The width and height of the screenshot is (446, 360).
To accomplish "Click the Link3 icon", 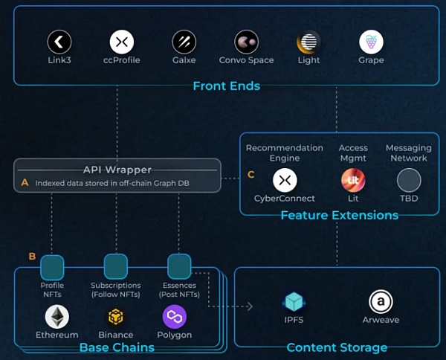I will (x=59, y=42).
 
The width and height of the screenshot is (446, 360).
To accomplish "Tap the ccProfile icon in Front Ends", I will (x=122, y=42).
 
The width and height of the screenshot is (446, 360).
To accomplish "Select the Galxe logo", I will (x=184, y=42).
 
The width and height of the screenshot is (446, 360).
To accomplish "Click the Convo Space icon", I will (x=246, y=42).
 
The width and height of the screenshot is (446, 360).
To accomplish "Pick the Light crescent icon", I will (x=308, y=42).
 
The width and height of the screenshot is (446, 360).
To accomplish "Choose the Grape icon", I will (x=371, y=42).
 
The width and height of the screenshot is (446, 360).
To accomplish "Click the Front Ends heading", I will (x=226, y=86).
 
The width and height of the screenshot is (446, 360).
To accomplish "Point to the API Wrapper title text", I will (x=117, y=170).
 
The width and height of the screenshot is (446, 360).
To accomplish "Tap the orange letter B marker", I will (x=32, y=257).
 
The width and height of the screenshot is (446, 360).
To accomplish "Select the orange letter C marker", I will (x=251, y=175).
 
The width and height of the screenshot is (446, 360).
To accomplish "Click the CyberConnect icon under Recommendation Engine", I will (x=285, y=181).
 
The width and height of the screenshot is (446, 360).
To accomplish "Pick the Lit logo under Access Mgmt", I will (x=353, y=181).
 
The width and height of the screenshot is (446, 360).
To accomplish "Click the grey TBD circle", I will (x=409, y=181).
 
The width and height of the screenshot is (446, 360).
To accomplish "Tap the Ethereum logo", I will (x=57, y=318).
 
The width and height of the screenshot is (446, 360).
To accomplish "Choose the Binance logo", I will (x=116, y=318).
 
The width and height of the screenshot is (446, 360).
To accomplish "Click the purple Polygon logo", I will (x=174, y=318).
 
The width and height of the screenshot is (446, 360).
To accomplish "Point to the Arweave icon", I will (x=381, y=302).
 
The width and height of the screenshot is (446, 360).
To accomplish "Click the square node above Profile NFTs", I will (x=52, y=266).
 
